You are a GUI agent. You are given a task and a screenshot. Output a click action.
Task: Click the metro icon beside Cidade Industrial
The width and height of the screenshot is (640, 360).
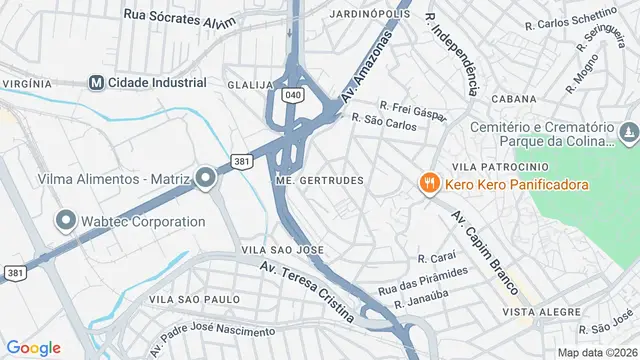96,83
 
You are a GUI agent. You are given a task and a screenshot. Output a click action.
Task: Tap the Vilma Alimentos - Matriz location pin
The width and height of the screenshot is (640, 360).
206,179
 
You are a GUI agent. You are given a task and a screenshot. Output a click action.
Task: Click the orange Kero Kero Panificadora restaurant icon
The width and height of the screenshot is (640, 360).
429,184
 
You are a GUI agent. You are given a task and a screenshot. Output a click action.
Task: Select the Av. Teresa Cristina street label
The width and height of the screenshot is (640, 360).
306,291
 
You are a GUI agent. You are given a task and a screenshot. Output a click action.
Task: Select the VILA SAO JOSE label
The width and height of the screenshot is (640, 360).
282,248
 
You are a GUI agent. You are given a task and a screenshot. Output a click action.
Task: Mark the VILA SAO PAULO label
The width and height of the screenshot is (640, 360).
194,298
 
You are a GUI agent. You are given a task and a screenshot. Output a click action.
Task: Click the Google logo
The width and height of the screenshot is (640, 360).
34,347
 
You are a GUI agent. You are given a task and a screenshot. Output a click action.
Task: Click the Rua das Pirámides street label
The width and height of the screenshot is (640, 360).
422,281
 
